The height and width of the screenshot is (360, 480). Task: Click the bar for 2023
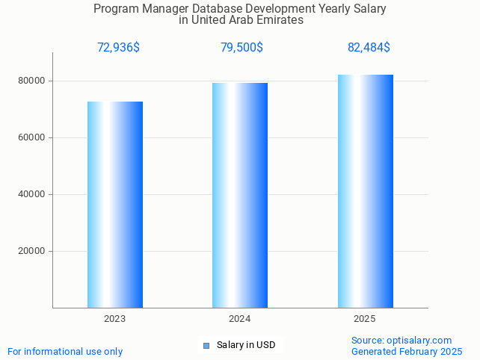pos(115,205)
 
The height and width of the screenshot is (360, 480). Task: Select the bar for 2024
pos(240,195)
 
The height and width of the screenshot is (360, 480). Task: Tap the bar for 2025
pos(365,191)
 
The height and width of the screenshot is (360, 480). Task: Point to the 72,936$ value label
pos(118,48)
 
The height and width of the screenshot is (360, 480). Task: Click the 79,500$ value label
pos(241,48)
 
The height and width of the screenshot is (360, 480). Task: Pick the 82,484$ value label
pos(369,48)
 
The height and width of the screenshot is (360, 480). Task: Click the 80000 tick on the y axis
pos(32,81)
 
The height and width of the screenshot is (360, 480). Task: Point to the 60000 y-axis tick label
pos(32,137)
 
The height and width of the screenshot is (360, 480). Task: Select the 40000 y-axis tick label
pos(32,194)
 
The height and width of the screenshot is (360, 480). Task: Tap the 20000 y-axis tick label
pos(32,251)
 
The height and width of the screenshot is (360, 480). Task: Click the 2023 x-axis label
pos(115,319)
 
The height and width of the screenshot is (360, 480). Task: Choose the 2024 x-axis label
pos(240,319)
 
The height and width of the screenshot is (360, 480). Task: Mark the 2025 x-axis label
pos(365,319)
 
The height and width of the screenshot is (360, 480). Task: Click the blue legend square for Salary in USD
pos(206,345)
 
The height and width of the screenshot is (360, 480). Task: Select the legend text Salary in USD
pos(246,345)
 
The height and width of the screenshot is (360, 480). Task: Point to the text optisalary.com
pos(419,340)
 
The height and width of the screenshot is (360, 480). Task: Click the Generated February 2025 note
pos(407,351)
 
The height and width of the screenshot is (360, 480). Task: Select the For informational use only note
pos(65,351)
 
